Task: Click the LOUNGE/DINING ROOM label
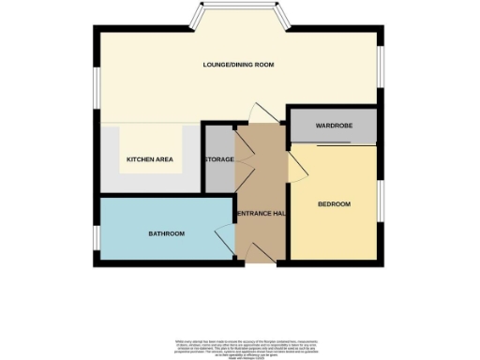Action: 239,65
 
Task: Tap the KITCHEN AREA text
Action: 150,159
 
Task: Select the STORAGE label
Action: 219,159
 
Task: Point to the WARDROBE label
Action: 333,126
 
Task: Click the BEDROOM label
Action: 334,204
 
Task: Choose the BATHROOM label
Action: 165,233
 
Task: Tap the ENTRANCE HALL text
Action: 262,214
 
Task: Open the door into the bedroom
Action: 296,167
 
